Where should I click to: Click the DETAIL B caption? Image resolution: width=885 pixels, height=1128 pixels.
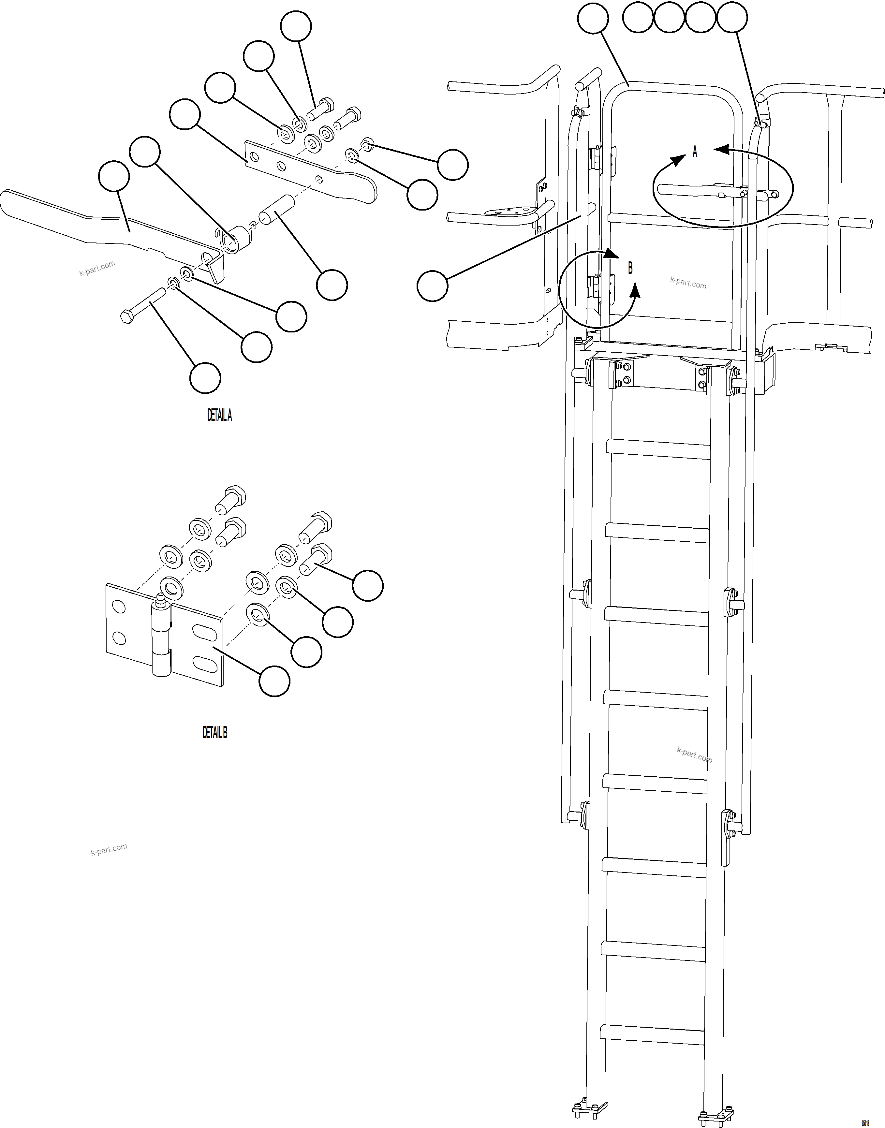point(214,732)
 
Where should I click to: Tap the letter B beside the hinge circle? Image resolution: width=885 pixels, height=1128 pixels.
point(630,269)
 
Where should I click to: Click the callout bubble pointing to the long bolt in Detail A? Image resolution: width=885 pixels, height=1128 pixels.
point(205,378)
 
